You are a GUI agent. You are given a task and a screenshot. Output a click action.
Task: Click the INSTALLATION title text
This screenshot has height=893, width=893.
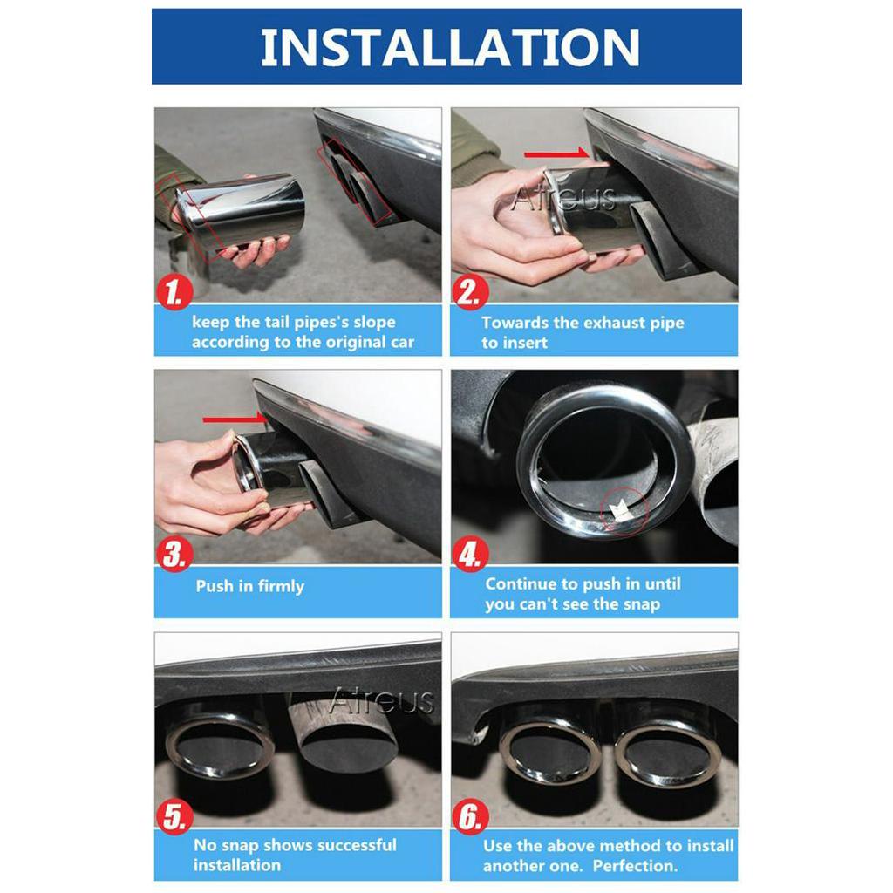pos(450,47)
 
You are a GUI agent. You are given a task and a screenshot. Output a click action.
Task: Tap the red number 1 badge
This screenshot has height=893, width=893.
pos(174,293)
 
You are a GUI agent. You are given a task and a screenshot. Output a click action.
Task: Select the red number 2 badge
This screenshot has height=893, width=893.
pos(470,293)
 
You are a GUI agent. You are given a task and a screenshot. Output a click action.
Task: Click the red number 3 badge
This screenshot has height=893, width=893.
pos(174,556)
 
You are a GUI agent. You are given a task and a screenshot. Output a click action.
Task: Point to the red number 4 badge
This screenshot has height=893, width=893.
pos(470,556)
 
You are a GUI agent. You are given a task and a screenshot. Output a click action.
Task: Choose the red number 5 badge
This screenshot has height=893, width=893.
pos(174,817)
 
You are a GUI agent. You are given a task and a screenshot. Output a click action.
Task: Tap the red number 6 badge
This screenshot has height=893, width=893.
pos(470,817)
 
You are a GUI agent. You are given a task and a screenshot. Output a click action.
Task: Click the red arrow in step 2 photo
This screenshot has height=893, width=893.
pos(556,154)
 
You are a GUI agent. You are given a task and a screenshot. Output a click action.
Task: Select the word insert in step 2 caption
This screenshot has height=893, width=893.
pos(526,343)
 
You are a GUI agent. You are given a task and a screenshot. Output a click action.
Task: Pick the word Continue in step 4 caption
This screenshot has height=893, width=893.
pos(521,584)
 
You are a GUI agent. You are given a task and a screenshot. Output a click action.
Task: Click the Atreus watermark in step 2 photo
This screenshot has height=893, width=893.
pos(563,199)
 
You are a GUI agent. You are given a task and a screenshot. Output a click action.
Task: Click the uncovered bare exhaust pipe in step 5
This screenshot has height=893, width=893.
pos(344,733)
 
